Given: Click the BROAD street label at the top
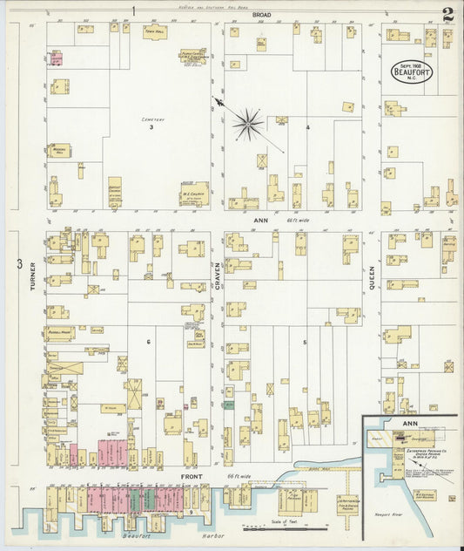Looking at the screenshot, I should click(x=261, y=16).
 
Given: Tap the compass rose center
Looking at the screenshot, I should click(x=248, y=125).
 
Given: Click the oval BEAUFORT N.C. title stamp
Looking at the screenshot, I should click(x=412, y=70).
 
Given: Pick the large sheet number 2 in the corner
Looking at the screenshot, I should click(x=447, y=15).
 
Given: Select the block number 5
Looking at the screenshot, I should click(x=305, y=342).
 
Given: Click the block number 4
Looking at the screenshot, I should click(x=307, y=127).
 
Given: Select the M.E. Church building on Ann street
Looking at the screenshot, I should click(x=193, y=193).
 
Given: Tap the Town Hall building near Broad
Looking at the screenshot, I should click(x=155, y=32).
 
